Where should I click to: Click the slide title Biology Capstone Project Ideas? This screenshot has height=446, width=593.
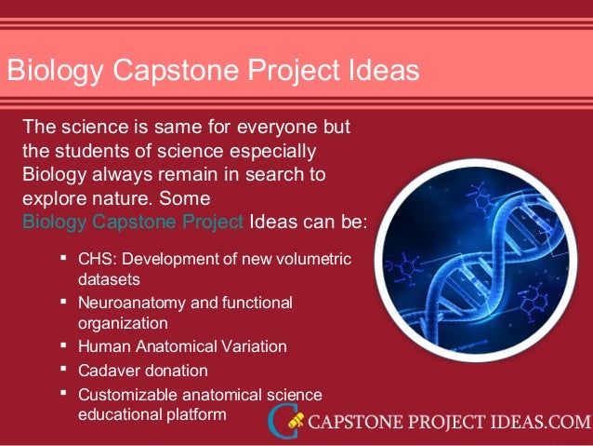point(212,70)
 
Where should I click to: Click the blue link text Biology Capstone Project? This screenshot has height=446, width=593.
point(132,222)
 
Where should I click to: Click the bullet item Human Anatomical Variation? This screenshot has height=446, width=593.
point(182,345)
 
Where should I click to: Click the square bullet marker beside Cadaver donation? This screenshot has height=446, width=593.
point(62,369)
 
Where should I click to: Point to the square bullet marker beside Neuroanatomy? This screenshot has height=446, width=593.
point(62,302)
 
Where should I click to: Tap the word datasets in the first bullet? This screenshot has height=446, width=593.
point(108,278)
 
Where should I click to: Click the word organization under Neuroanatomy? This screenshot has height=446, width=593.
point(123,323)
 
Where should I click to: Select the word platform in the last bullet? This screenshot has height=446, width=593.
point(196,414)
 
